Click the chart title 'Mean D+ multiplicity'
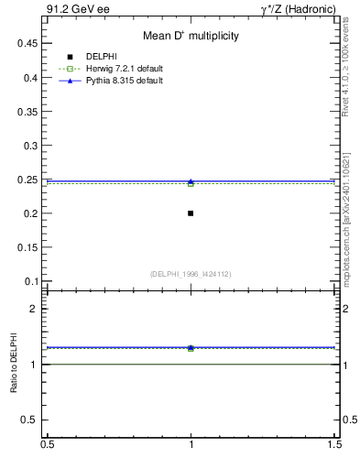[191, 36]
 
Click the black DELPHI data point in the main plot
[191, 213]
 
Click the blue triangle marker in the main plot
[191, 181]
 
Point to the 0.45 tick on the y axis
[30, 43]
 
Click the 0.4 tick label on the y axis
[33, 78]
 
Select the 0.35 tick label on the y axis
[30, 112]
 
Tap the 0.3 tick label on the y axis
[33, 146]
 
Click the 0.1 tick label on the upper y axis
[33, 281]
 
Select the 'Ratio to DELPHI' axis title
[15, 365]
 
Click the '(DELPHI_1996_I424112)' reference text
[191, 274]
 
